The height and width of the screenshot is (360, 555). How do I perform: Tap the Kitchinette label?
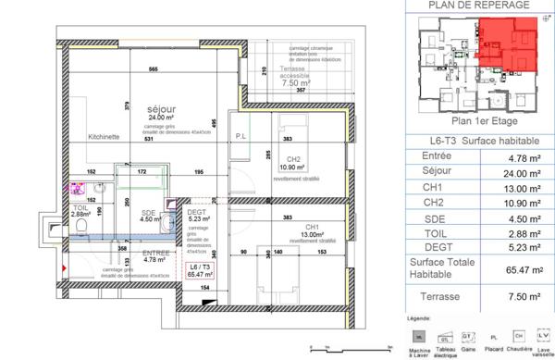(103, 137)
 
